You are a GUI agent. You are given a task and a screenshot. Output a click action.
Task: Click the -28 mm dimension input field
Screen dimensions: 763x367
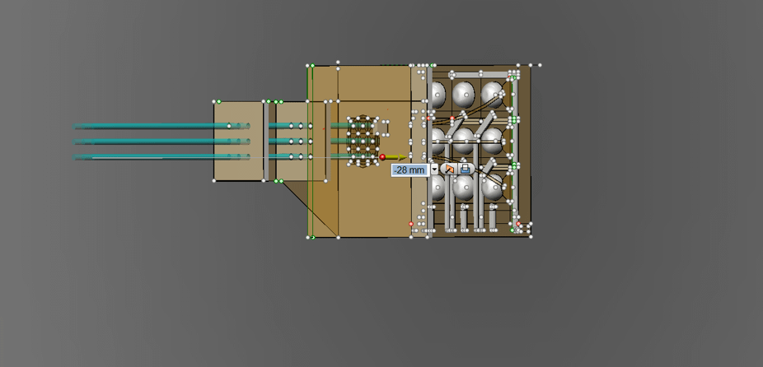point(410,170)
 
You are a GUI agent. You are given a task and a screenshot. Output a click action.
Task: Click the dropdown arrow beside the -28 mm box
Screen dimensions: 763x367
point(434,170)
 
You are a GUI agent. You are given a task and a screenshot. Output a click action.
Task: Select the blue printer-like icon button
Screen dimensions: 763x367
point(466,170)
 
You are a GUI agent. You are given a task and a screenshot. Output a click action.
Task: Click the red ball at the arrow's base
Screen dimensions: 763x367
point(382,157)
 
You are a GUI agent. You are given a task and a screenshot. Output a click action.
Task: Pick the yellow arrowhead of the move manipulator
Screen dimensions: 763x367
point(402,157)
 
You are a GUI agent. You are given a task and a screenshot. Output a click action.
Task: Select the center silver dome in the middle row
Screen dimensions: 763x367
point(464,141)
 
